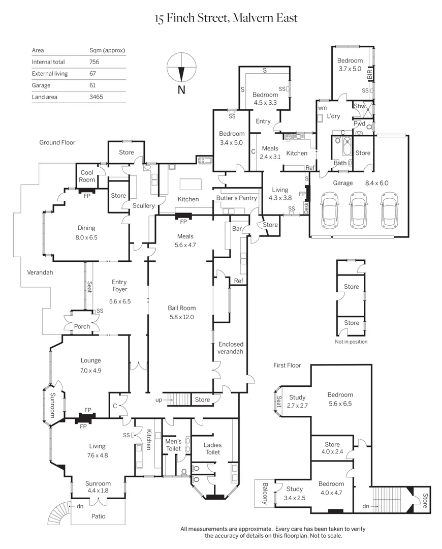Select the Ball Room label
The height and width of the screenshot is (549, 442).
[182, 308]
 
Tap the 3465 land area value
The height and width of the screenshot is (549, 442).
[96, 97]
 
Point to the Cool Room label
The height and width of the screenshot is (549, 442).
[87, 176]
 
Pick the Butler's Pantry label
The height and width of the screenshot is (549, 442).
[237, 198]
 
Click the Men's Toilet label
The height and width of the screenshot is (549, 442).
[173, 445]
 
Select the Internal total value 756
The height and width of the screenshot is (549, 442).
[94, 62]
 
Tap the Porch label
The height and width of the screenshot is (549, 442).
[82, 327]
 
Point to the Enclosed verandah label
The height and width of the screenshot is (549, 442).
[231, 348]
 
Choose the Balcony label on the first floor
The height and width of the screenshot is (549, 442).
[265, 494]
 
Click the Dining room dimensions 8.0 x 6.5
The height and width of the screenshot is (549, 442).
[86, 237]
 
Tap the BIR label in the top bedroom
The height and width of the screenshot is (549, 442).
[370, 74]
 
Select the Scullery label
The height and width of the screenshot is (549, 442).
[143, 206]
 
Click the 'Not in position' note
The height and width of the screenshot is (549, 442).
[351, 342]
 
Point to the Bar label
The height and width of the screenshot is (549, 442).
[237, 229]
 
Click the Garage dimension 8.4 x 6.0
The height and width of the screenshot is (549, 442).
[376, 183]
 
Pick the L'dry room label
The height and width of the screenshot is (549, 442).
[333, 116]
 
